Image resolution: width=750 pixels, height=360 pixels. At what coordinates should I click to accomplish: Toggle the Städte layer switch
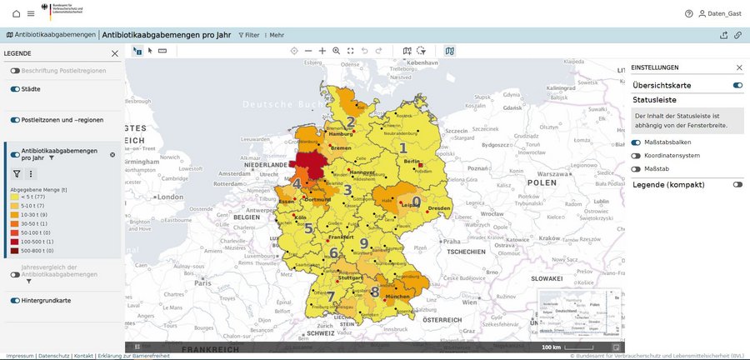(x=15, y=88)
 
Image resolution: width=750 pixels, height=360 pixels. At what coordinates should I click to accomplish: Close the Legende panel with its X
(x=115, y=53)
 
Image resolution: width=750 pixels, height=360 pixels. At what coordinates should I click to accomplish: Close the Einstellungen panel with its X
(x=738, y=67)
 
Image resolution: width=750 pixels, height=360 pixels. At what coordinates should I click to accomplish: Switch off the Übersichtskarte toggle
(x=737, y=85)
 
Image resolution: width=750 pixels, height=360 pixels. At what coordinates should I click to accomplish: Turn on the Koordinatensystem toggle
(x=636, y=156)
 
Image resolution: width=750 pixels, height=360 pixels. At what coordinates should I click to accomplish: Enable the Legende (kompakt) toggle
(x=737, y=184)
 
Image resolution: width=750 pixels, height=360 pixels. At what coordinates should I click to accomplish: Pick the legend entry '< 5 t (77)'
(x=29, y=197)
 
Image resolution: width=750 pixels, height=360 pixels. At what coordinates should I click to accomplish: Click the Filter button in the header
(x=249, y=35)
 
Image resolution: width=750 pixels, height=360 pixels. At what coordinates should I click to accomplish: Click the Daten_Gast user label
(x=722, y=13)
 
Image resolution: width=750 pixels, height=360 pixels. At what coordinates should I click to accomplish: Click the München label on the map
(x=396, y=296)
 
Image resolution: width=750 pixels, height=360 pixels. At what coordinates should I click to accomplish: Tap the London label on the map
(x=169, y=197)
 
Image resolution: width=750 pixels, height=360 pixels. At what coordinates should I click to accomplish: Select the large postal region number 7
(x=331, y=297)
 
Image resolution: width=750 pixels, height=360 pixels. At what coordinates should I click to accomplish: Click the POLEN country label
(x=541, y=182)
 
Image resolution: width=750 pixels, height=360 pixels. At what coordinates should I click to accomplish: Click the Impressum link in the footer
(x=20, y=356)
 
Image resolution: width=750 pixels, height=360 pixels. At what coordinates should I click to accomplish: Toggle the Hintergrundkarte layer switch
(x=15, y=300)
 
